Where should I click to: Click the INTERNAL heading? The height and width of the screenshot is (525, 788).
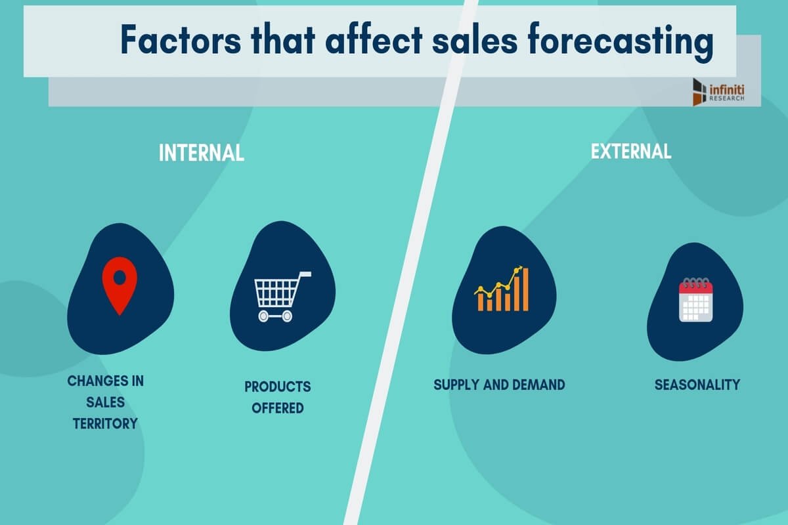tap(202, 153)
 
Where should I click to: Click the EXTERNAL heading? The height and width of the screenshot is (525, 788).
tap(631, 152)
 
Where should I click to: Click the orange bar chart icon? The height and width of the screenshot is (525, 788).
tap(502, 289)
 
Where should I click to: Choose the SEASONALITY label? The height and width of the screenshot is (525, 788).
tap(697, 385)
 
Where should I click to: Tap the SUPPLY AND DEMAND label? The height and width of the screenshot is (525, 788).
tap(499, 385)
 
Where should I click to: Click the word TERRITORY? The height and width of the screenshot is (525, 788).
tap(105, 423)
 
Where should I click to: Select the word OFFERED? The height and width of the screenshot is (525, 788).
tap(278, 408)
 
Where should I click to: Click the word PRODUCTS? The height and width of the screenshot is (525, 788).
tap(278, 387)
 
